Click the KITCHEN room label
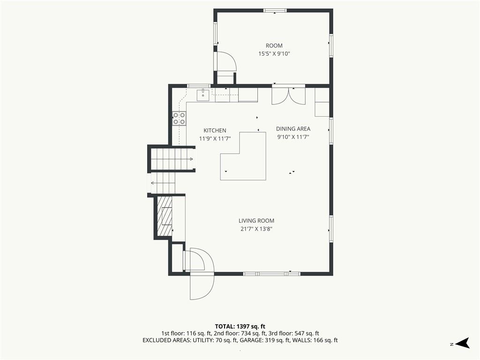click(x=215, y=130)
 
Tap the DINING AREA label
click(x=293, y=129)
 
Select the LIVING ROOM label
click(x=256, y=221)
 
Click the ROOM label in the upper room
click(x=274, y=45)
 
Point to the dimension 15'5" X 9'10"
click(x=274, y=54)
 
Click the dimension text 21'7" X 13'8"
click(x=256, y=229)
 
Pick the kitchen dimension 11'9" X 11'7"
click(x=215, y=139)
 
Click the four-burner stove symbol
click(x=179, y=119)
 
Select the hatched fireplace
click(x=165, y=216)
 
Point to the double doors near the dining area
click(x=289, y=96)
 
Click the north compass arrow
click(x=463, y=343)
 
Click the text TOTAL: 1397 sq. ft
click(x=240, y=326)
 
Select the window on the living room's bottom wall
click(x=272, y=273)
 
